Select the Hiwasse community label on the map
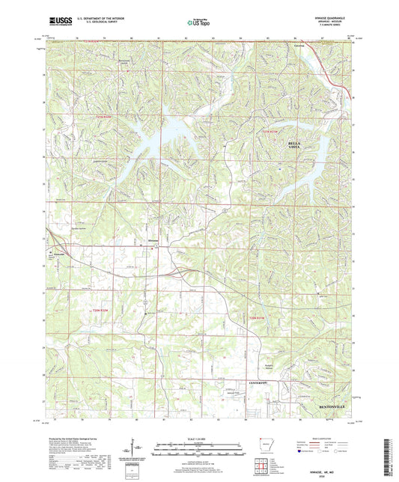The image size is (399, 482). (x=150, y=241)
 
